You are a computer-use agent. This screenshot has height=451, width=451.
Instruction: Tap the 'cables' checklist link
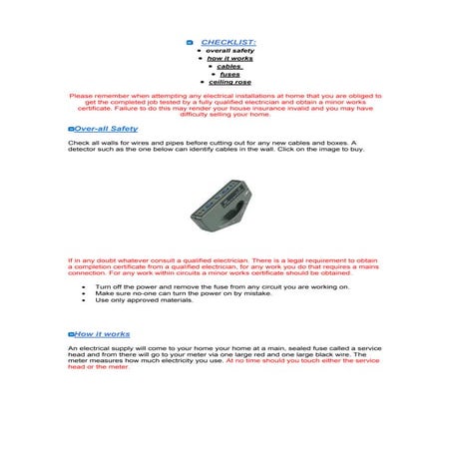(231, 66)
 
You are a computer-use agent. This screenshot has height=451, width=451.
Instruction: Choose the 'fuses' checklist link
(229, 74)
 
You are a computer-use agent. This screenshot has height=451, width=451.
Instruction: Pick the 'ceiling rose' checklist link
(229, 82)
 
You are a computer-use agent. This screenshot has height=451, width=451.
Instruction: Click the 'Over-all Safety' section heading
(105, 129)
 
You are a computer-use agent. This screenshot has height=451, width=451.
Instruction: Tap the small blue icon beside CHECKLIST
(190, 42)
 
